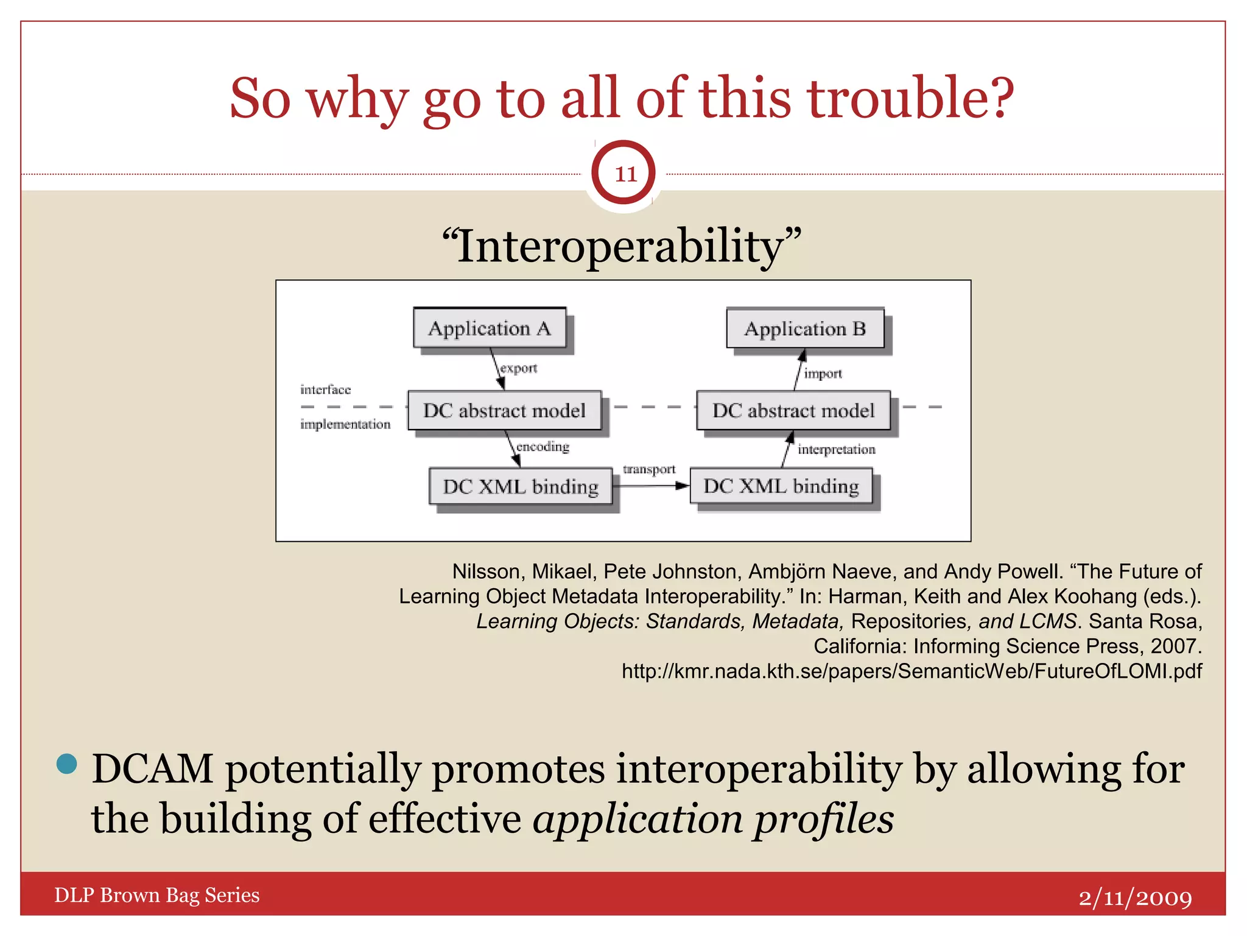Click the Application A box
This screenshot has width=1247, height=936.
click(x=490, y=328)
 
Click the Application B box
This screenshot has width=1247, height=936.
click(x=805, y=328)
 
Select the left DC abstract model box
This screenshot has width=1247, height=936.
click(x=504, y=410)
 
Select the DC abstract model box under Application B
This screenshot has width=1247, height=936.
click(x=793, y=410)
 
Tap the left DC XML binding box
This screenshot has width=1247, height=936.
click(x=521, y=486)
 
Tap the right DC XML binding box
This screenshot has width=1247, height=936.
click(x=781, y=486)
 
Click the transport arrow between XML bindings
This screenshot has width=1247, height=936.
click(x=650, y=485)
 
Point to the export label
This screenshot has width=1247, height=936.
click(x=519, y=368)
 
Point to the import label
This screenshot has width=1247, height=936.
click(x=823, y=374)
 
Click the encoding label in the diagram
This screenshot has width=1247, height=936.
click(x=543, y=447)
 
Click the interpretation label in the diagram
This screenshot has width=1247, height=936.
click(x=836, y=450)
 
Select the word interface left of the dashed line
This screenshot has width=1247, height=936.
click(x=325, y=389)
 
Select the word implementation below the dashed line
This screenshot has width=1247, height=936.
click(x=345, y=424)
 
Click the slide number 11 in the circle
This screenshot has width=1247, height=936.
click(x=625, y=174)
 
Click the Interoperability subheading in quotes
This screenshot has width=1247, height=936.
click(x=622, y=246)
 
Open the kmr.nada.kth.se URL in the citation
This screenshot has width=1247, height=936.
click(x=912, y=671)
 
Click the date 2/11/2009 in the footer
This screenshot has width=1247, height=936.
click(x=1135, y=897)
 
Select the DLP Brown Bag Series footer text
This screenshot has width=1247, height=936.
click(x=157, y=895)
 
